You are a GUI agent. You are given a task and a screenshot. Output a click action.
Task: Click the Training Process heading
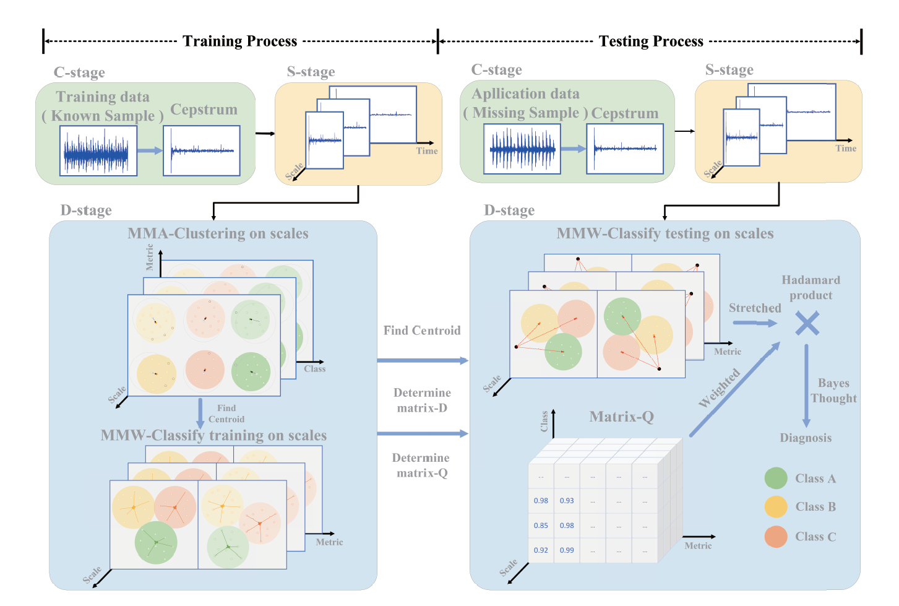coord(239,41)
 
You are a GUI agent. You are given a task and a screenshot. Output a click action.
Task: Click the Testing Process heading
coord(651,41)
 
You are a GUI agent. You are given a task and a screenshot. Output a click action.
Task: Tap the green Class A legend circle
coord(775,478)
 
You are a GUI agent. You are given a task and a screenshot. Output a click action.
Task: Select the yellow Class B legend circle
coord(775,506)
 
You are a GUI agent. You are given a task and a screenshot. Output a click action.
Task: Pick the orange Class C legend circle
coord(775,537)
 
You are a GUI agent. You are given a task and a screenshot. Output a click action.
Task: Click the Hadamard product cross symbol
coord(807,323)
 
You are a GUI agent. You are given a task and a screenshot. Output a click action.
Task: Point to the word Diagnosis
coord(806,438)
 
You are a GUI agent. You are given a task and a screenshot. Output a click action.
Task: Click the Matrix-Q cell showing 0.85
coord(541,526)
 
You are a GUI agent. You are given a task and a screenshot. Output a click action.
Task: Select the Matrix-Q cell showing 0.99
coord(567,550)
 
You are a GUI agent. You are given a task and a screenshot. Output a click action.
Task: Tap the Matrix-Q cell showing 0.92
coord(541,550)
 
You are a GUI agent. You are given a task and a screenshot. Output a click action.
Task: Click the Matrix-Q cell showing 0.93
coord(567,501)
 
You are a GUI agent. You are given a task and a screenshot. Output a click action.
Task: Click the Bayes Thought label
coord(833,391)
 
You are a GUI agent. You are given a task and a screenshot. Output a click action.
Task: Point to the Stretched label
coord(755,308)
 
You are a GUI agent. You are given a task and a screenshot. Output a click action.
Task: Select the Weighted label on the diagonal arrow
coord(719,388)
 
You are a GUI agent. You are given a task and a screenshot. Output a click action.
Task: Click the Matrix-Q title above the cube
coord(621,417)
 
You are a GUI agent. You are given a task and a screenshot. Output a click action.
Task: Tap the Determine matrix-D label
coord(422,400)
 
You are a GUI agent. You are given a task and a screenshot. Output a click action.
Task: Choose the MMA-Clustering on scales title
coord(218,233)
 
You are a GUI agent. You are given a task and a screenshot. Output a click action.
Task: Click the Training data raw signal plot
coord(98,151)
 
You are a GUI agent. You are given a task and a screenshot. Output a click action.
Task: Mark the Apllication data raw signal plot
coord(522,149)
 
